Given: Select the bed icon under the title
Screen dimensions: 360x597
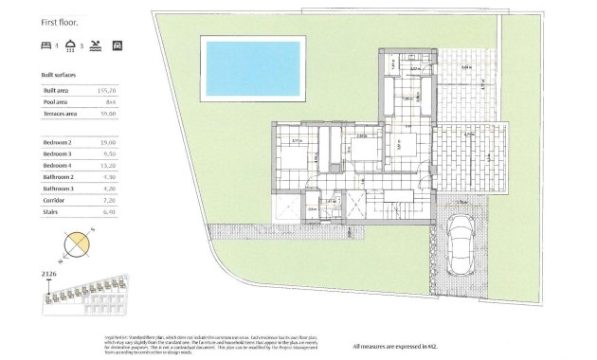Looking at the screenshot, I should [x=46, y=45].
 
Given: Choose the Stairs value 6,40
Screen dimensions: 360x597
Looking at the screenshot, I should [x=108, y=213].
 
